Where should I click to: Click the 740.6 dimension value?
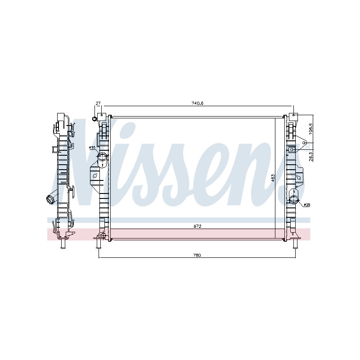198,103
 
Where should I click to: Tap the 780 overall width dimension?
197,255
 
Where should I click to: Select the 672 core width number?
197,226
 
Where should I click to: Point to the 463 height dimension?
273,178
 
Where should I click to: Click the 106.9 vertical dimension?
311,129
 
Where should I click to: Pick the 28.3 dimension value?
311,157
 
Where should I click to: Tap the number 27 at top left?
98,103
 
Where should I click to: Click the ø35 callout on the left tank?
92,148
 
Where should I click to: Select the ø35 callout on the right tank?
307,205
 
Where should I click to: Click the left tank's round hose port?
102,157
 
